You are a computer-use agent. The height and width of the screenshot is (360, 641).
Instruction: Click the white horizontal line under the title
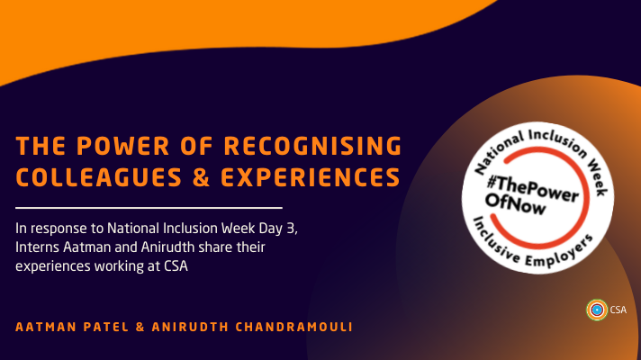pyautogui.click(x=149, y=207)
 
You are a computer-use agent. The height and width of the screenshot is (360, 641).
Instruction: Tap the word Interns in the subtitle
pyautogui.click(x=41, y=245)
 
